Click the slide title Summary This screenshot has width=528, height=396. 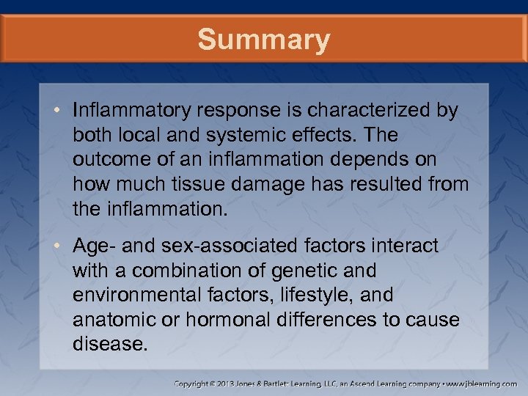pos(264,40)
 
